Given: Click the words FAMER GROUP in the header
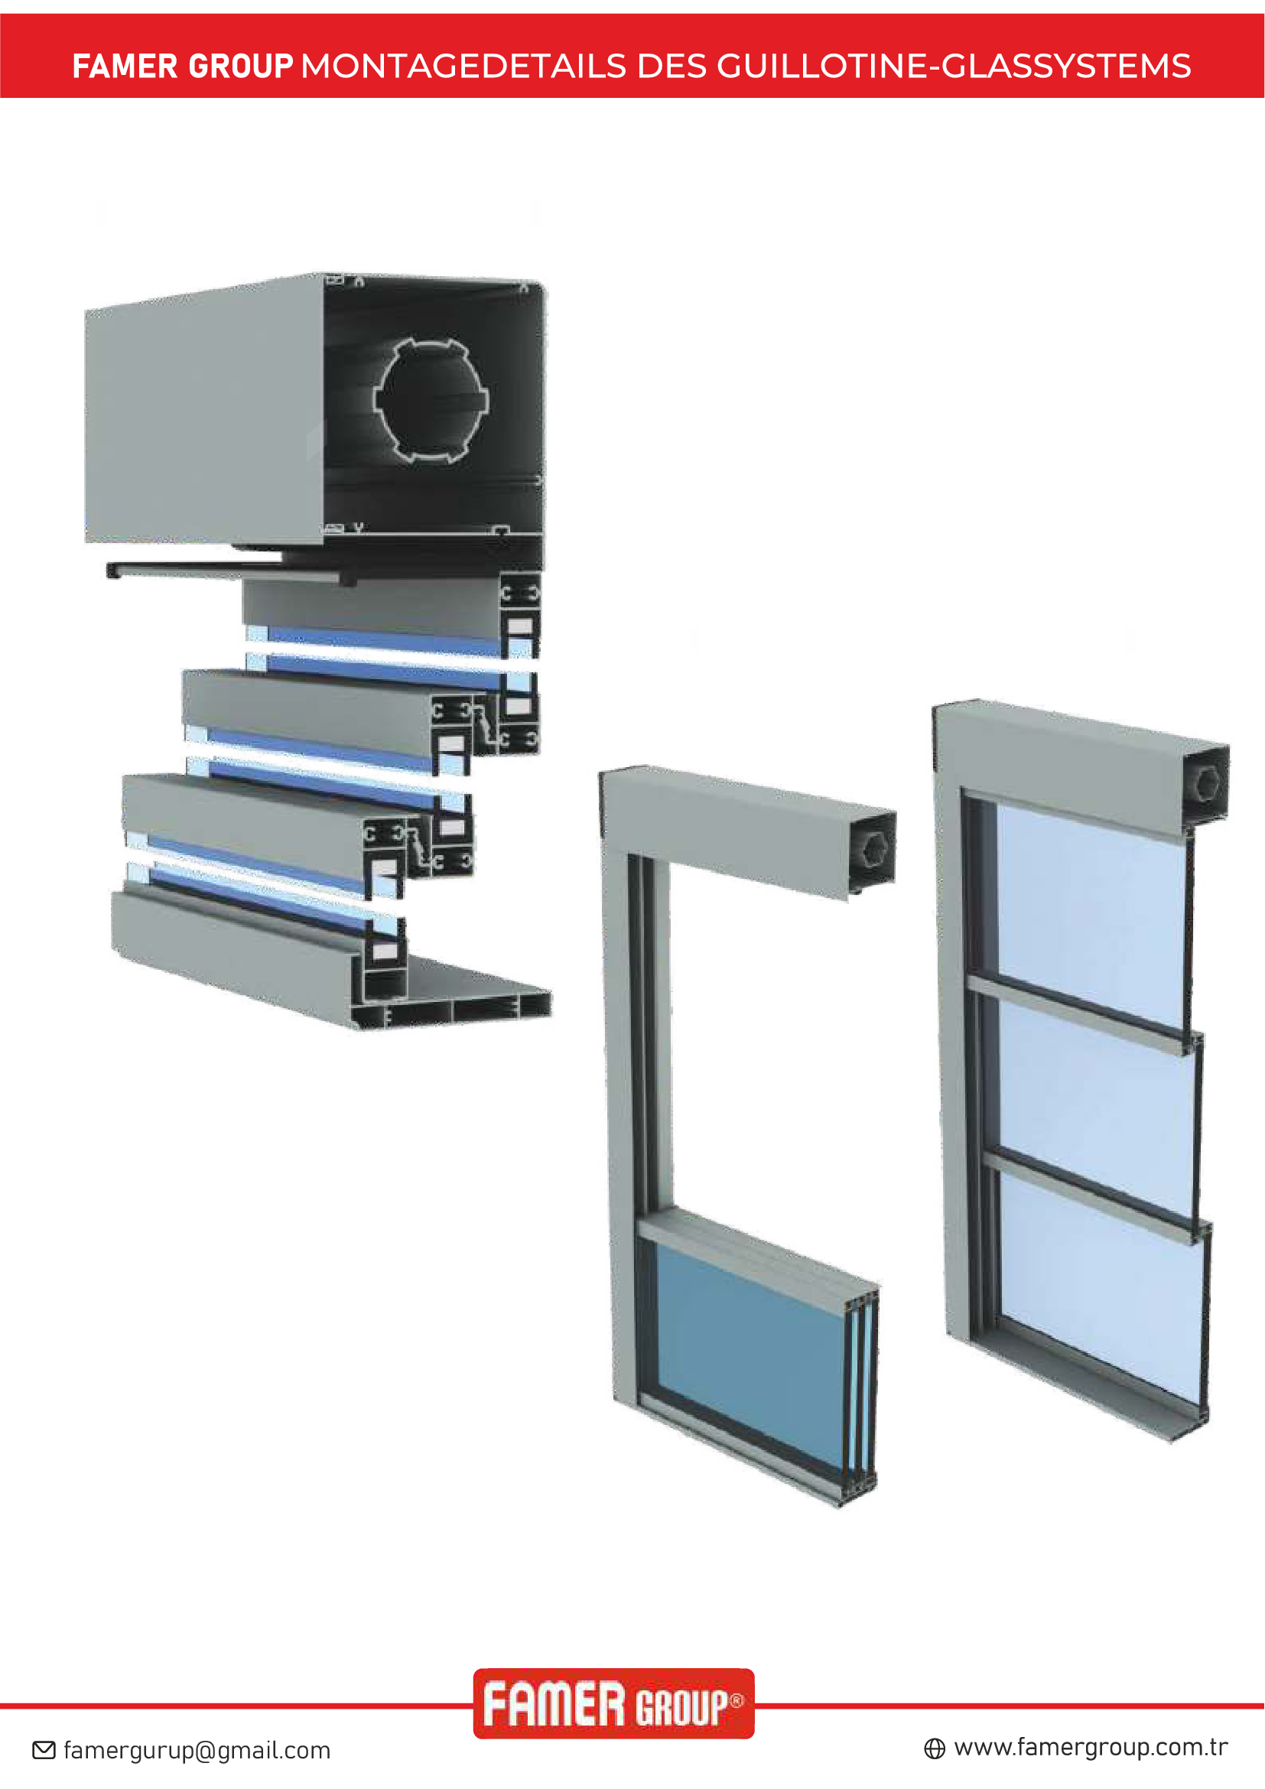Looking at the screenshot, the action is coord(182,67).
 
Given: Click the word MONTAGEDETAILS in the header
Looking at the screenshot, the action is coord(463,67).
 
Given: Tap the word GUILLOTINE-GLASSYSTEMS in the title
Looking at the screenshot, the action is coord(954,67).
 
